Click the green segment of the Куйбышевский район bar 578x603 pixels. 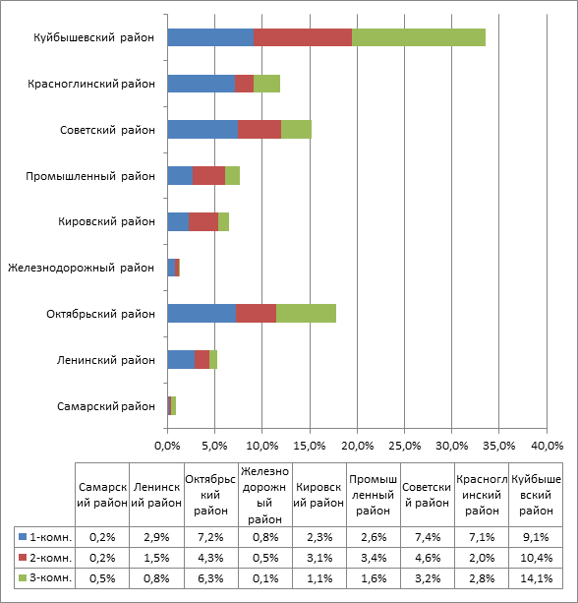coord(419,37)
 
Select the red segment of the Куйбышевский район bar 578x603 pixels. coord(303,37)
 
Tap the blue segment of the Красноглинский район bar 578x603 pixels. coord(201,84)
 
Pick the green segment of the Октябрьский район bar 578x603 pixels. coord(306,314)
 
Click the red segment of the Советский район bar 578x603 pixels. coord(260,129)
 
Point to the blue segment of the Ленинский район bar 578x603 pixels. coord(181,360)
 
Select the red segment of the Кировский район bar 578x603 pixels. coord(203,222)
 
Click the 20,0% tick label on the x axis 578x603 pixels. coord(358,446)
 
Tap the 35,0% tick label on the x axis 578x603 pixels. coord(498,446)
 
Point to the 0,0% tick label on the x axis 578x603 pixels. coord(167,446)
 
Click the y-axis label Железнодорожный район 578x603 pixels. coord(81,268)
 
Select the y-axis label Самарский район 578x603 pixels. coord(106,406)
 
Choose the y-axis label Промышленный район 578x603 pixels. coord(90,176)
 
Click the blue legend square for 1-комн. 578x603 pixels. coord(23,536)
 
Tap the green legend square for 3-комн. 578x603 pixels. coord(23,577)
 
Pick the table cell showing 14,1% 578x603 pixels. coord(536,578)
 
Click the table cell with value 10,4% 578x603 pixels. coord(536,558)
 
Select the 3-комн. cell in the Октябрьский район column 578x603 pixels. coord(211,578)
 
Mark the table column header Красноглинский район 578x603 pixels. coord(482,495)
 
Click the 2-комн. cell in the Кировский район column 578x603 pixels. coord(319,558)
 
